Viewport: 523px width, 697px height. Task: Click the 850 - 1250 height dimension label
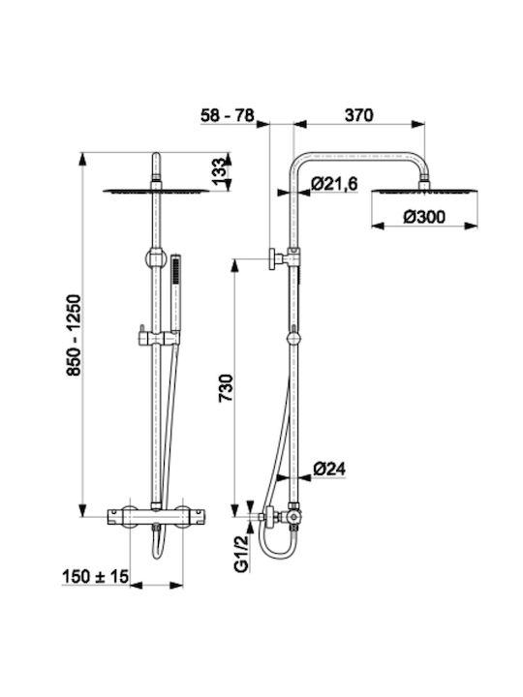click(x=74, y=335)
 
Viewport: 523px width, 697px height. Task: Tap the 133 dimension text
click(x=220, y=171)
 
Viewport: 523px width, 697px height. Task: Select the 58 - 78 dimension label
click(x=228, y=115)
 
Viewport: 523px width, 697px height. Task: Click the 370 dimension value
click(x=359, y=115)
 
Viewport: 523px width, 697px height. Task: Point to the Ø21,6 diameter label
click(x=334, y=184)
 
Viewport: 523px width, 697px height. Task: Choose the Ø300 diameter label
click(x=424, y=217)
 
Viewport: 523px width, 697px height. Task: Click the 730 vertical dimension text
click(x=226, y=387)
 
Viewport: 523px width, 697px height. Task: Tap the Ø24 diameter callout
click(x=329, y=469)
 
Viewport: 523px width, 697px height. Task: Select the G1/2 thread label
click(x=240, y=553)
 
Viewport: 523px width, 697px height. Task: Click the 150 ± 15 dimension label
click(x=95, y=577)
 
